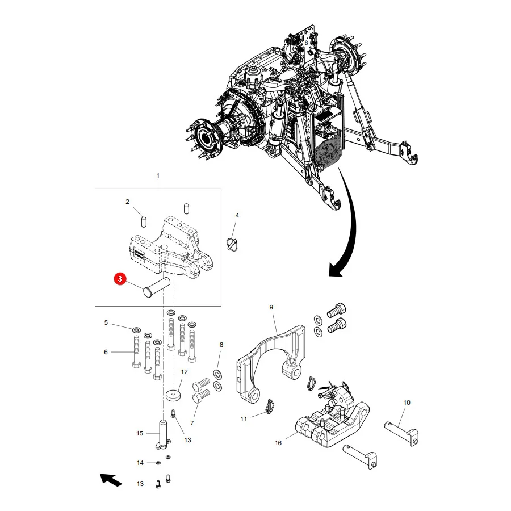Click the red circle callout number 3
coord(120,279)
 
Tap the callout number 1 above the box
coord(158,175)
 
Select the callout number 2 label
coord(127,202)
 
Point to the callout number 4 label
coord(237,215)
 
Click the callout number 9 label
coord(271,307)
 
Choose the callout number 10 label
coord(407,403)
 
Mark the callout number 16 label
coord(278,443)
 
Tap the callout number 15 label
coord(140,433)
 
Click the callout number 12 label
coord(184,372)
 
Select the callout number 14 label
coord(140,463)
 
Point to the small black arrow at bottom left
coord(111,480)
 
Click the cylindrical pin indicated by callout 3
coord(157,287)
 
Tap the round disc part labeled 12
coord(173,396)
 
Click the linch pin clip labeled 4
coord(232,244)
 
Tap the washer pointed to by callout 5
coord(136,330)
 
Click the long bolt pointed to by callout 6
coord(136,352)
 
